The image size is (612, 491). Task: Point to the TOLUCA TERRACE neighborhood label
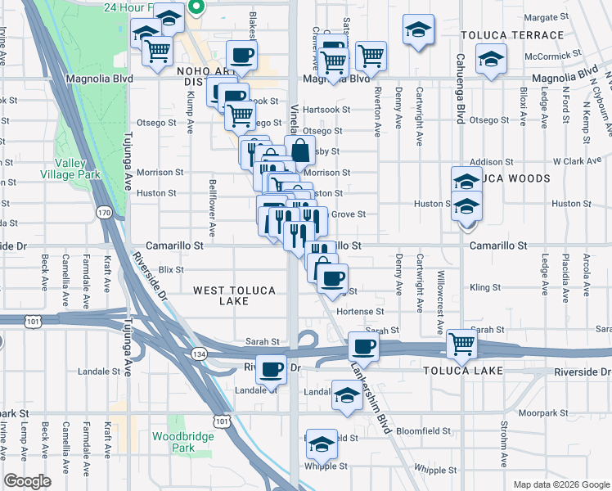(x=512, y=35)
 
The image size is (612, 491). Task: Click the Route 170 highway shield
(x=104, y=213)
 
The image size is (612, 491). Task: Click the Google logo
(x=28, y=481)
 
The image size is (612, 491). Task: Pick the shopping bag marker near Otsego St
(x=300, y=150)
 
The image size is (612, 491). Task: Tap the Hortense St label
(x=360, y=312)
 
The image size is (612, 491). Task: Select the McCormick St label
(x=554, y=55)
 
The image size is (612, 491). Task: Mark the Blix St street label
(x=172, y=268)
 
